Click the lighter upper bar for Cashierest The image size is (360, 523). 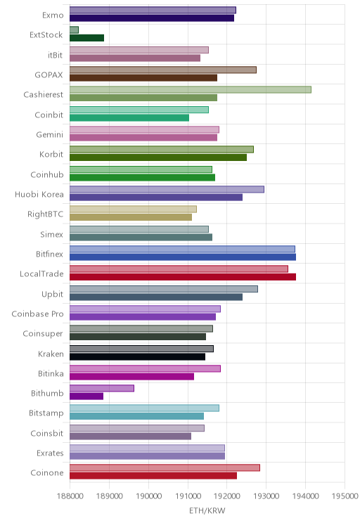[191, 90]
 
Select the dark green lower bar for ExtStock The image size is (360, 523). [86, 38]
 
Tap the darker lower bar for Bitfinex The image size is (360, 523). [183, 257]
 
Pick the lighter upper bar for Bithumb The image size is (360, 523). [102, 388]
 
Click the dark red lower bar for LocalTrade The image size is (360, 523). [183, 277]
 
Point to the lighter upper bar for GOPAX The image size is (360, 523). [163, 70]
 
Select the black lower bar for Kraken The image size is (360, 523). [137, 356]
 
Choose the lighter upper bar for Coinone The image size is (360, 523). [165, 467]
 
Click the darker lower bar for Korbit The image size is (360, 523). [158, 157]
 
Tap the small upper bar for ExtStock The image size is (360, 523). [74, 30]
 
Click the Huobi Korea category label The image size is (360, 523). [39, 194]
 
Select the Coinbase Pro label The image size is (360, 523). [37, 314]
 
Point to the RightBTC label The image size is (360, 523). [46, 214]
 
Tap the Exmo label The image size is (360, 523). [53, 15]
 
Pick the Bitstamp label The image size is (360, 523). [46, 413]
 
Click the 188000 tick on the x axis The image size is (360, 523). [70, 496]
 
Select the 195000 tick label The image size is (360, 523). [345, 496]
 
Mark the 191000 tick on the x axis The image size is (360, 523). [188, 496]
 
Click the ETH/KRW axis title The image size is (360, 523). [207, 510]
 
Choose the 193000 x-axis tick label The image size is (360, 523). [266, 496]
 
